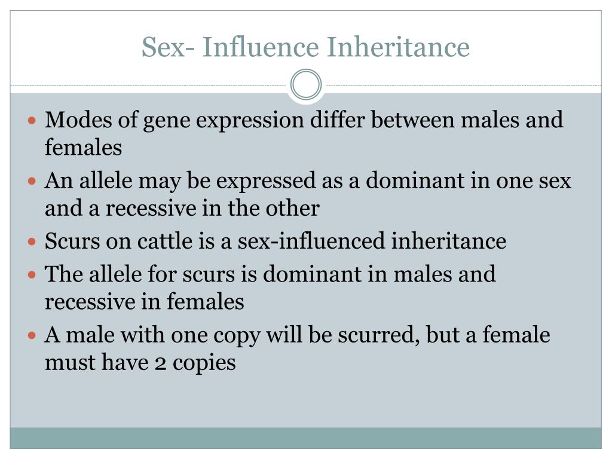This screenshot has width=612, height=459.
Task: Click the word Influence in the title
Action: pyautogui.click(x=261, y=47)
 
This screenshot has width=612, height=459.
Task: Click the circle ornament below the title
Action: pyautogui.click(x=306, y=84)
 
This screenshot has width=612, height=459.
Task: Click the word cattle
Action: pyautogui.click(x=164, y=241)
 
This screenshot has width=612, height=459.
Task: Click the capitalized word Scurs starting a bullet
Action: pyautogui.click(x=72, y=241)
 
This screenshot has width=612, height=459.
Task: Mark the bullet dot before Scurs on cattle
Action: pyautogui.click(x=32, y=242)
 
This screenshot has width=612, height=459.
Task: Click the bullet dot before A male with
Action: pyautogui.click(x=32, y=335)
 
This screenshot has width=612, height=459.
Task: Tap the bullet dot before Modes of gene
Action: pyautogui.click(x=32, y=120)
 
